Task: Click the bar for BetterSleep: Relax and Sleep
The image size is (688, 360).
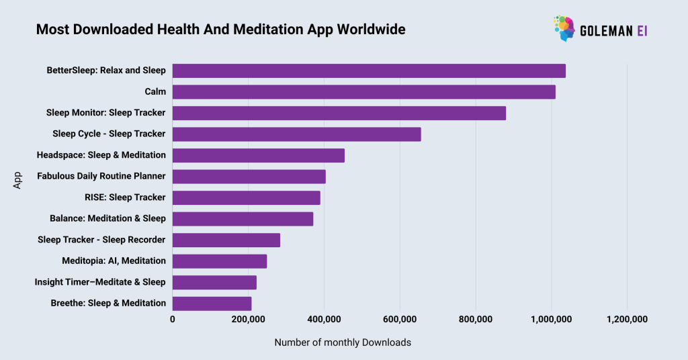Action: click(x=369, y=71)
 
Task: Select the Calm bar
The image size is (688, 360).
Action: click(x=364, y=92)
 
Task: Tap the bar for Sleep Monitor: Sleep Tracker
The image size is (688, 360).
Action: click(x=339, y=113)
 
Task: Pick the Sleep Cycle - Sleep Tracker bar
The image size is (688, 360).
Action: click(x=297, y=134)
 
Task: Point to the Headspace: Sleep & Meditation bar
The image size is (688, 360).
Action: click(x=259, y=155)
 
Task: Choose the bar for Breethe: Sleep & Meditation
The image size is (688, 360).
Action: click(x=212, y=304)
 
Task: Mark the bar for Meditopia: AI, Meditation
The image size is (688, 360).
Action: click(x=220, y=261)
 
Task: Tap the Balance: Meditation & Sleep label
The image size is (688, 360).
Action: click(x=107, y=218)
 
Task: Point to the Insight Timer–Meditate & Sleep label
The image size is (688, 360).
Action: click(x=100, y=282)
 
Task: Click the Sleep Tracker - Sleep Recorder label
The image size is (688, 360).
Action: click(x=101, y=240)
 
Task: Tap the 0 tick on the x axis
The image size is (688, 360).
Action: click(x=173, y=320)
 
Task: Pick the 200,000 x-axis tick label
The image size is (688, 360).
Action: click(x=249, y=320)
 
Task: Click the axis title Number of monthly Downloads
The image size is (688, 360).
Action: click(x=343, y=343)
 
